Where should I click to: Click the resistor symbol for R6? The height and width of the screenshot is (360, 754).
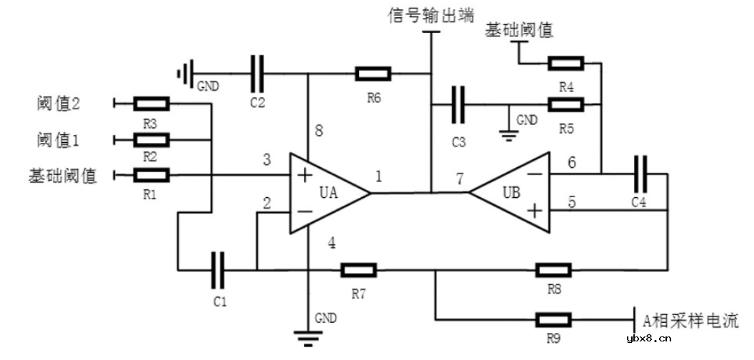coord(373,73)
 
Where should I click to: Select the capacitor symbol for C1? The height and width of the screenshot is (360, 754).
coord(218,270)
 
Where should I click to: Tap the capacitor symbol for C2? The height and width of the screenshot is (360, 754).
coord(258,73)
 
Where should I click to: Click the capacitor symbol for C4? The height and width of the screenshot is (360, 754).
coord(640,173)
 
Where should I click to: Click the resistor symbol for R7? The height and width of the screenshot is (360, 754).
coord(358,270)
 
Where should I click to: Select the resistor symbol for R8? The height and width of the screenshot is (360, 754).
coord(553,270)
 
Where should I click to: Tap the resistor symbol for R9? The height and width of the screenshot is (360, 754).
coord(553,319)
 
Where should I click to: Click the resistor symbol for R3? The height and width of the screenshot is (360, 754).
coord(151,104)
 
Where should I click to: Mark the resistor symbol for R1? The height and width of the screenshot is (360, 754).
coord(151,174)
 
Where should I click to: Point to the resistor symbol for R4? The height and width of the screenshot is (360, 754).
coord(566,64)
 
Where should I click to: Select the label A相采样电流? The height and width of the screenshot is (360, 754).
coord(690,320)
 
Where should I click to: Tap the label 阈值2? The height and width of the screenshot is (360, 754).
coord(58,104)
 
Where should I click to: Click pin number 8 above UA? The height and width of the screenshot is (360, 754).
coord(319,131)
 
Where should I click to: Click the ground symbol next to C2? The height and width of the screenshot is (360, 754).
coord(186,73)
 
